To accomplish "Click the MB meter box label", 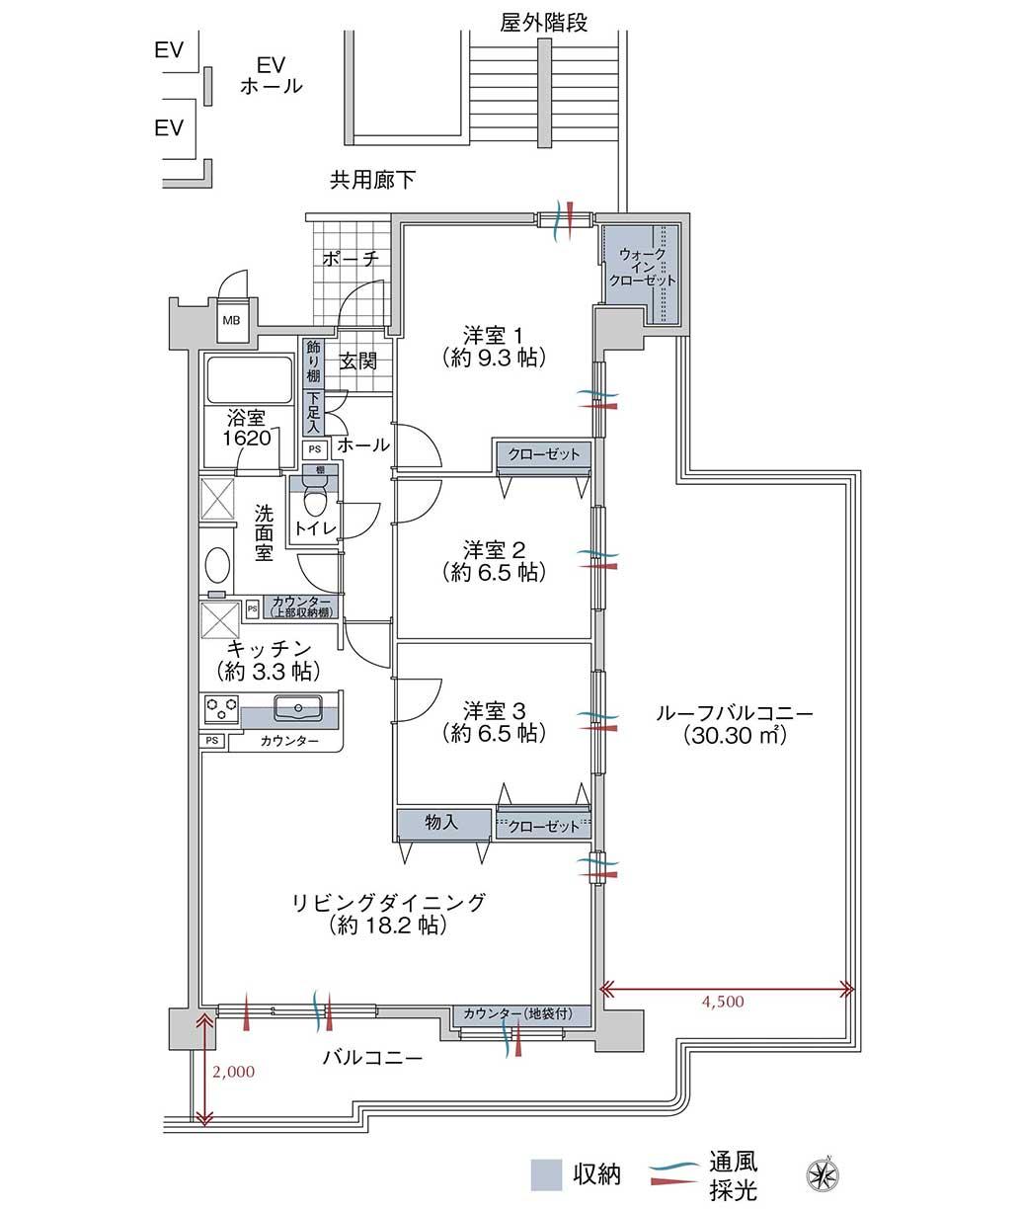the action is click(231, 320).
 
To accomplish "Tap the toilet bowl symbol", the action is click(315, 496).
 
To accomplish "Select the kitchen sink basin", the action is click(298, 708).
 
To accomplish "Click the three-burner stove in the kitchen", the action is click(221, 709).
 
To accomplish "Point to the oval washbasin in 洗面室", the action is click(217, 564).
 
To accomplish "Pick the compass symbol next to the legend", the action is click(823, 1175).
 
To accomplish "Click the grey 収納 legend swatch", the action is click(546, 1174).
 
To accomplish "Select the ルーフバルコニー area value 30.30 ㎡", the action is click(735, 735).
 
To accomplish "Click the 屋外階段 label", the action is click(543, 23).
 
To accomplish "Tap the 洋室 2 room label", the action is click(494, 550).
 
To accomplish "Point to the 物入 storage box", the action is click(443, 825).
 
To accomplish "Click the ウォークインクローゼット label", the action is click(643, 267).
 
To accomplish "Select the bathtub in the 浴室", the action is click(250, 379).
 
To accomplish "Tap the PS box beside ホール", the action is click(315, 449).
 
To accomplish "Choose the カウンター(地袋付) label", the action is click(518, 1013).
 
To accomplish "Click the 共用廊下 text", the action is click(372, 180).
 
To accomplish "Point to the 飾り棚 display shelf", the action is click(313, 363).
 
